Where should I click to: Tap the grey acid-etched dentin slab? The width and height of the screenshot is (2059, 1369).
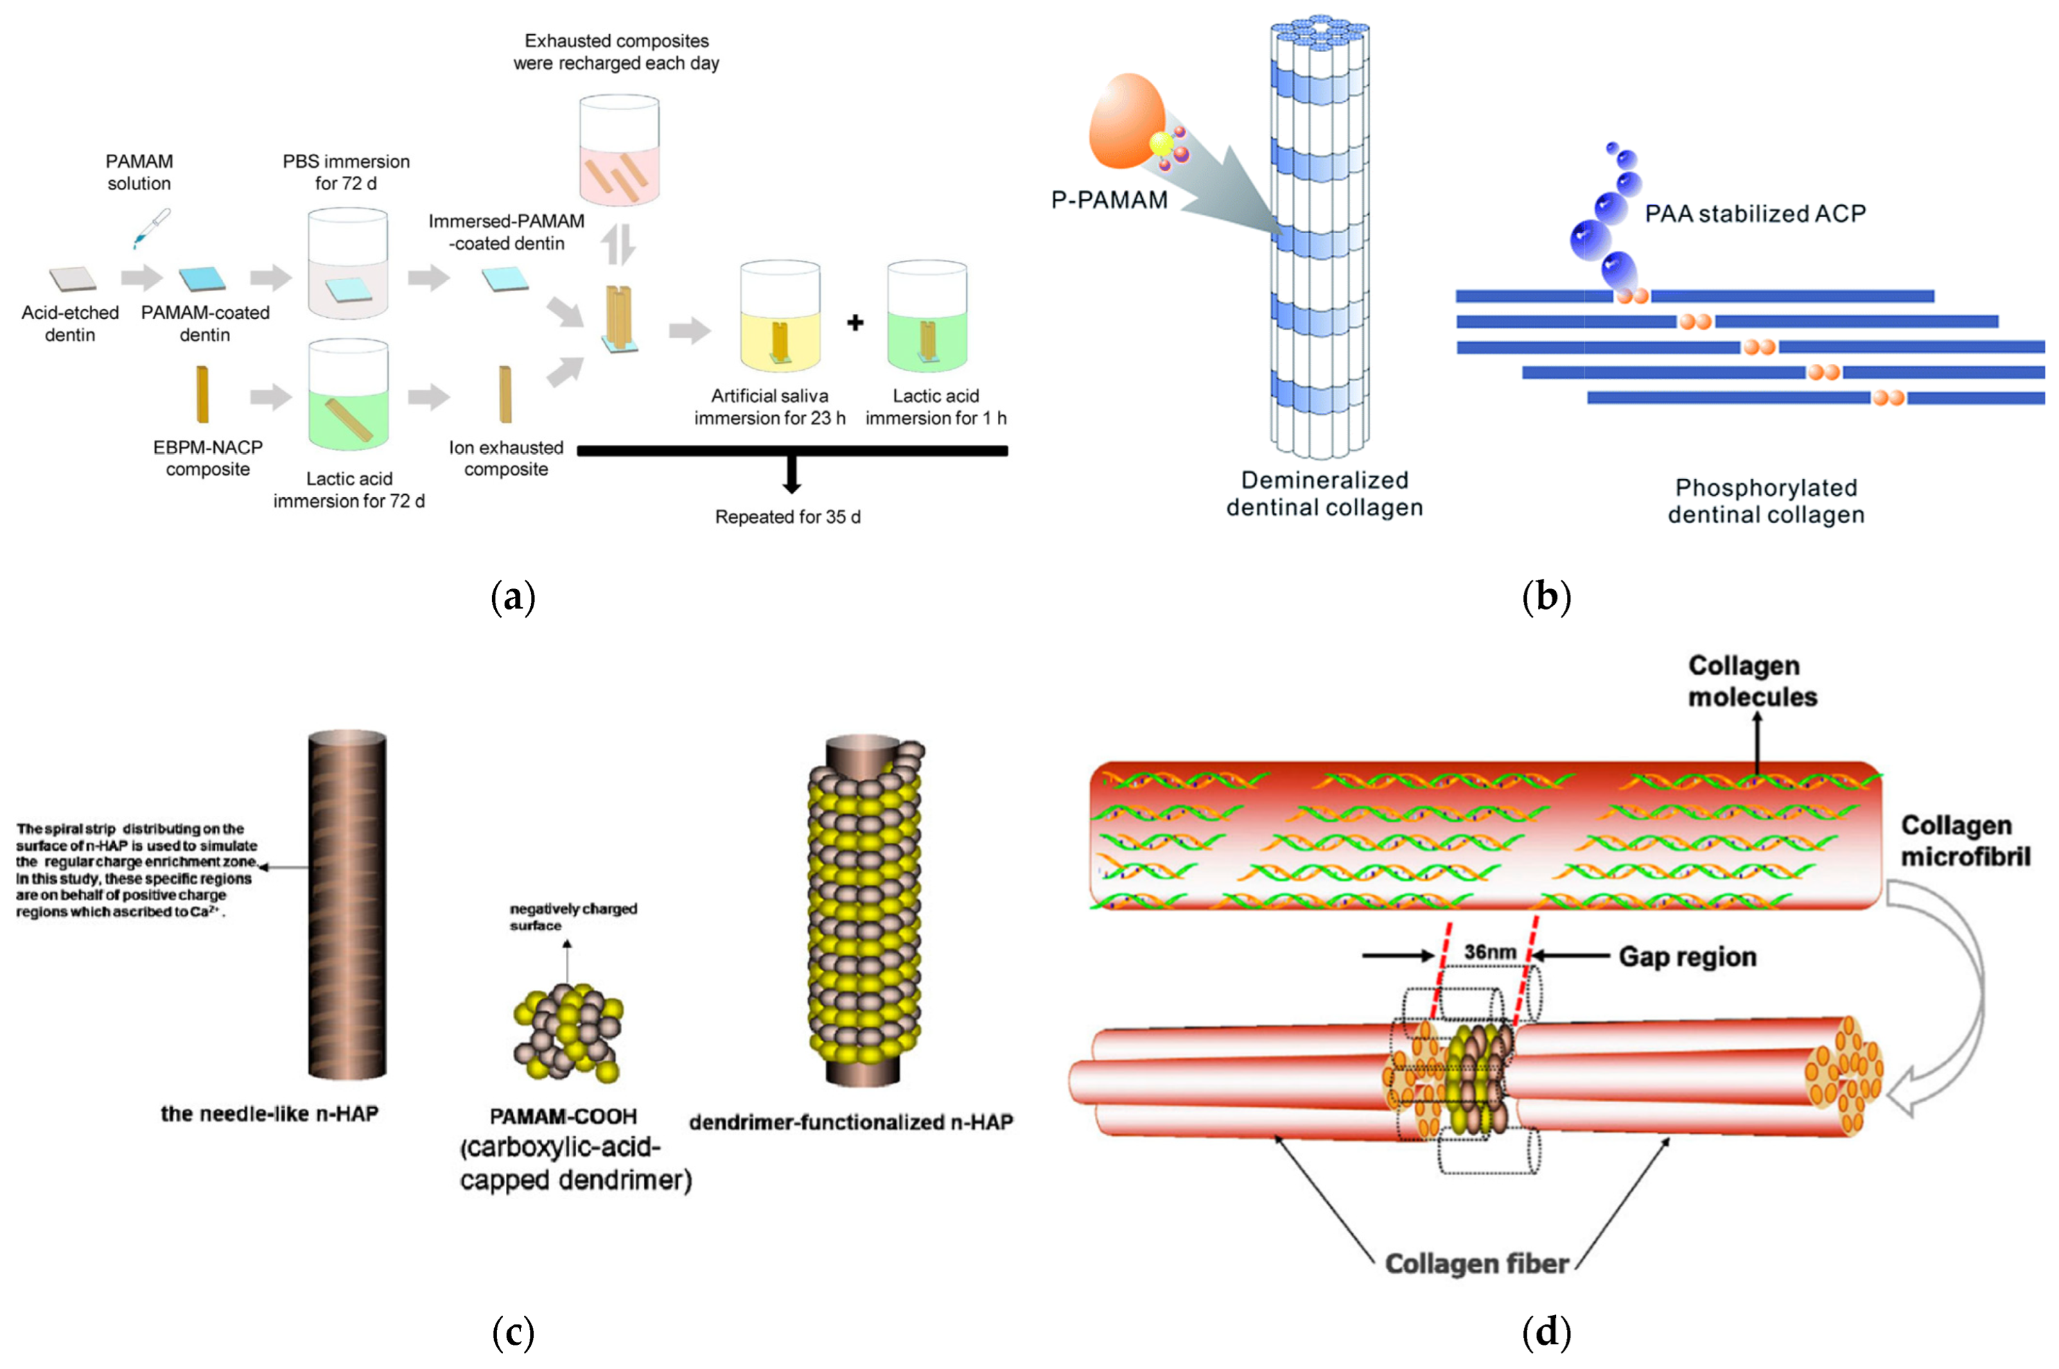click(x=73, y=279)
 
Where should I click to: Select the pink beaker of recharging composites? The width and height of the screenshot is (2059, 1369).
click(x=619, y=150)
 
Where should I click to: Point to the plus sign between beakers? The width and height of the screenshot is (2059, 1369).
click(x=855, y=322)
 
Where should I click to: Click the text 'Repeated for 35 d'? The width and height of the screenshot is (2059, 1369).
click(x=787, y=517)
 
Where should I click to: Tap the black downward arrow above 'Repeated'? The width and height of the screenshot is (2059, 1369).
click(x=791, y=476)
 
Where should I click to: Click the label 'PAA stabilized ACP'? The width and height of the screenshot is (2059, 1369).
click(x=1754, y=214)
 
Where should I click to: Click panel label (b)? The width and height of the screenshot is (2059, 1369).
click(x=1545, y=598)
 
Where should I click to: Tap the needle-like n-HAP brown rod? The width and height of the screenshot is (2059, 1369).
click(x=347, y=905)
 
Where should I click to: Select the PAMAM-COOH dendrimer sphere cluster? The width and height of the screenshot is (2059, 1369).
click(x=568, y=1033)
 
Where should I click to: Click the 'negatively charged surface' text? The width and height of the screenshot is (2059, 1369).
click(x=572, y=917)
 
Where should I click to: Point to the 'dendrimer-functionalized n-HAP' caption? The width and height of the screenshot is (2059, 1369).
click(x=850, y=1122)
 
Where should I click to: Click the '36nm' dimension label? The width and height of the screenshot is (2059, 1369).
click(x=1489, y=952)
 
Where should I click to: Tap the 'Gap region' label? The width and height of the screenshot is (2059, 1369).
click(x=1686, y=957)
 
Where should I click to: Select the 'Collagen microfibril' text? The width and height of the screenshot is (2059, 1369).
click(x=1965, y=841)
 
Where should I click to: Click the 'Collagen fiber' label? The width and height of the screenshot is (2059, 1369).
click(x=1476, y=1264)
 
